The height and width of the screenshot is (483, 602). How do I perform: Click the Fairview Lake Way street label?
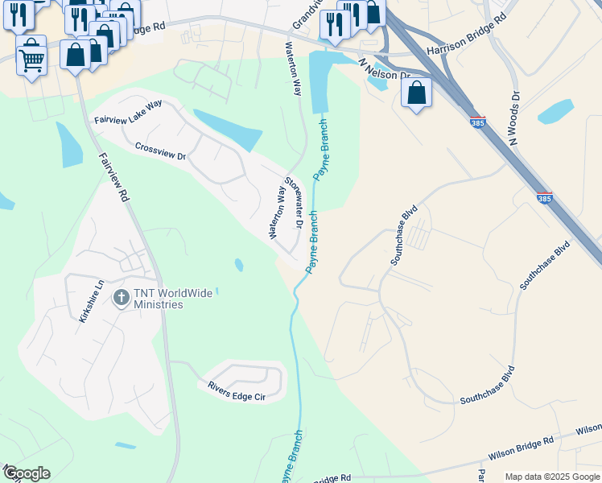click(x=128, y=113)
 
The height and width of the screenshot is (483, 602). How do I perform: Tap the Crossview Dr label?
click(x=161, y=151)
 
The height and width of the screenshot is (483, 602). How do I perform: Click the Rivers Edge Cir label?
click(x=236, y=394)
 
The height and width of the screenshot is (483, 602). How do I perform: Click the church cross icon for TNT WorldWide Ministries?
click(x=121, y=298)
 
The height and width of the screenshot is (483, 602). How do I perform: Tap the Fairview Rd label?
click(x=113, y=178)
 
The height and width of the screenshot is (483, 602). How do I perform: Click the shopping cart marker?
click(x=31, y=56)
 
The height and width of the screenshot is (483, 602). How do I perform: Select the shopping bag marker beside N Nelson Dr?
click(x=417, y=93)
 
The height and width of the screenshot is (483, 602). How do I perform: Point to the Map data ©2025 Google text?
click(x=552, y=477)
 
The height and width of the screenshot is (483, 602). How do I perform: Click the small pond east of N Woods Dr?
click(x=556, y=111)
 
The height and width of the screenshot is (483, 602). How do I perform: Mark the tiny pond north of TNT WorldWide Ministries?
click(x=238, y=264)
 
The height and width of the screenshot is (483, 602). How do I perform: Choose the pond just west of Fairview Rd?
click(x=69, y=146)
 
